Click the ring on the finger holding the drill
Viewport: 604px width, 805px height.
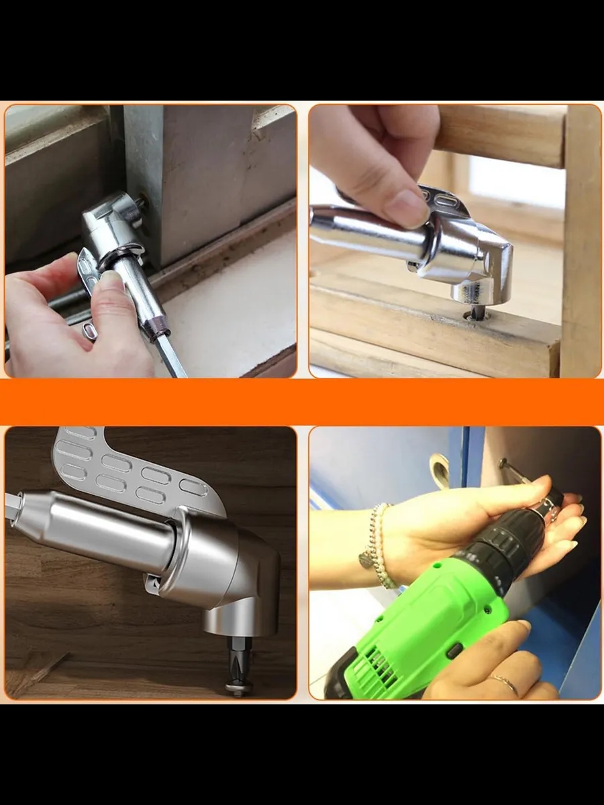(x=505, y=684)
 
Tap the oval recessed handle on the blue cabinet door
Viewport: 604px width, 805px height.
(x=440, y=469)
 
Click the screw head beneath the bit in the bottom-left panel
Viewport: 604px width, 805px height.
(x=238, y=687)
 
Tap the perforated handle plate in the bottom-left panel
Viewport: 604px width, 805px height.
(x=128, y=470)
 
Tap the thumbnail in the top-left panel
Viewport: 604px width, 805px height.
(x=111, y=281)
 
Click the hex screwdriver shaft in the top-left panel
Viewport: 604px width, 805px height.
(x=171, y=356)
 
